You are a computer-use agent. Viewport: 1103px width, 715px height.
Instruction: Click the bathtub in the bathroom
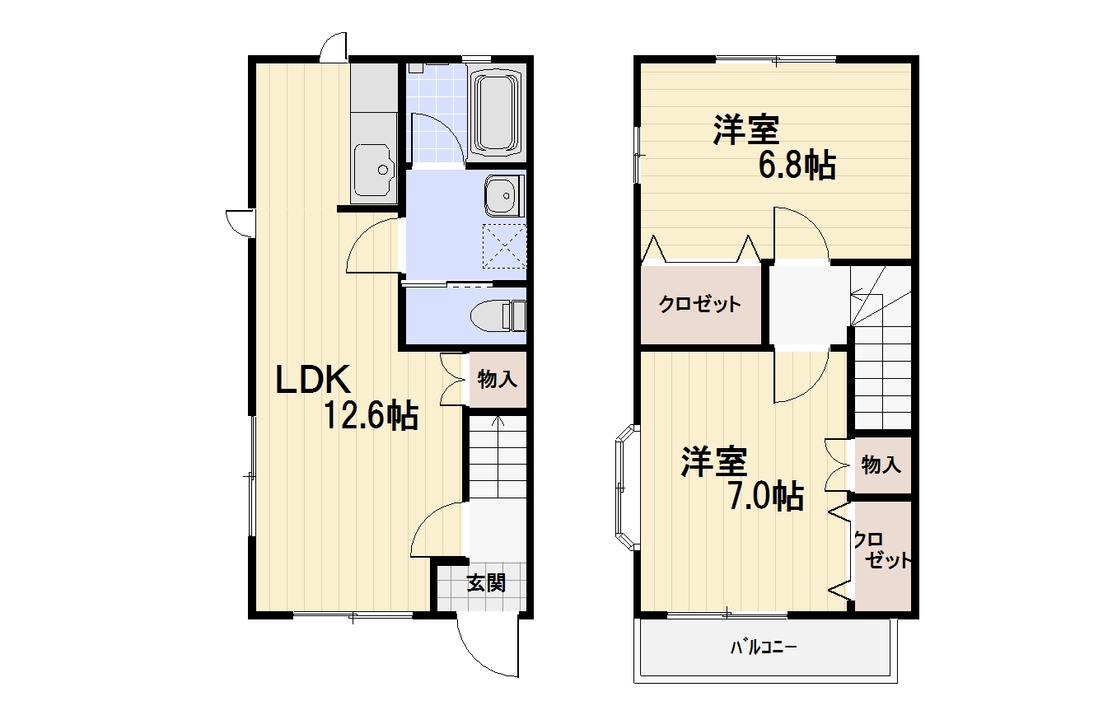click(x=496, y=112)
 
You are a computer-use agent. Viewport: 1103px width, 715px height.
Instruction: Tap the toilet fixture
click(x=498, y=315)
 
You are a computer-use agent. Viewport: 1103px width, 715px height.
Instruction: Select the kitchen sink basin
click(x=375, y=170)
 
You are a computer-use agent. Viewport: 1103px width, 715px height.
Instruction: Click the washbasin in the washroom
click(x=505, y=195)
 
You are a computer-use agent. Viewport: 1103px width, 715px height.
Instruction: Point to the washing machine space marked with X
click(x=504, y=246)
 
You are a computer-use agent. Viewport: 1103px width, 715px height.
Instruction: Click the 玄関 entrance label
click(x=487, y=583)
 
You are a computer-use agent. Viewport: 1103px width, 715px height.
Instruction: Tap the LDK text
click(x=313, y=379)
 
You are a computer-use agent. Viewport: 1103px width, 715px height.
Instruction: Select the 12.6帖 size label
click(x=371, y=416)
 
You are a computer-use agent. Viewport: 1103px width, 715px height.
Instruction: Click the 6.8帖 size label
click(x=797, y=166)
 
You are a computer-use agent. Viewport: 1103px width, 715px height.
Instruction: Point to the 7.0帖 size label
click(x=766, y=497)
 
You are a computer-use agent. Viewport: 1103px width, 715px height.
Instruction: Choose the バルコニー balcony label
click(x=764, y=647)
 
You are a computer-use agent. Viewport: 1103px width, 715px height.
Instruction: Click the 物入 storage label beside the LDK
click(x=498, y=380)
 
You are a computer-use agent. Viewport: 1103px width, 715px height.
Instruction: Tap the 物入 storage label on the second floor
click(x=881, y=465)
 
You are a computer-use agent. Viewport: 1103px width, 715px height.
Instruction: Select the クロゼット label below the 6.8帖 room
click(x=699, y=304)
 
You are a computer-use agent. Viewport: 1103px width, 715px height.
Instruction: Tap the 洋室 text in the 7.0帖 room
click(x=714, y=462)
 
